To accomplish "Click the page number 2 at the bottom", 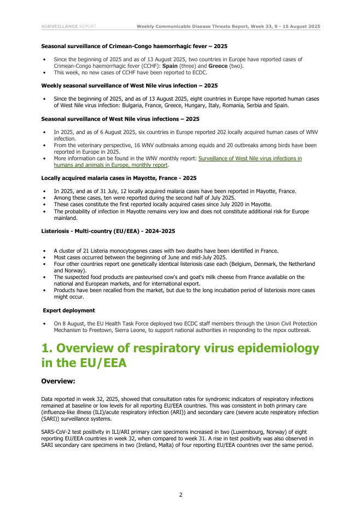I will [x=180, y=494].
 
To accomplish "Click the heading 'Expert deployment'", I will [x=65, y=310].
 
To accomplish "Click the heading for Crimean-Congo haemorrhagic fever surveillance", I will [x=135, y=46].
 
